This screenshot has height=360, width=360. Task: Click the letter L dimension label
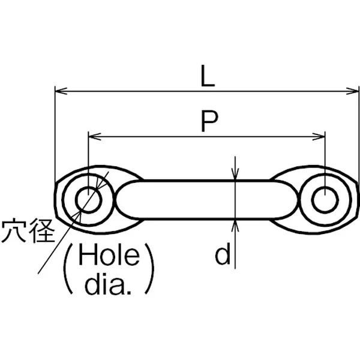208,76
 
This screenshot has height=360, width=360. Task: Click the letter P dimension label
209,121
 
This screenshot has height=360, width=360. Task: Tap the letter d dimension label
223,253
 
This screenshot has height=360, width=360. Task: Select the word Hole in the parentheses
109,254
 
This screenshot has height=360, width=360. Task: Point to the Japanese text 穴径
28,230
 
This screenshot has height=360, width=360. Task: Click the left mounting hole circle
89,200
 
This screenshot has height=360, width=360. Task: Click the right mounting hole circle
325,200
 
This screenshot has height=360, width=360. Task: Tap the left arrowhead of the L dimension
61,91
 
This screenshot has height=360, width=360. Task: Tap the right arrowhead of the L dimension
352,91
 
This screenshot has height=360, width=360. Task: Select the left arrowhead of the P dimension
95,137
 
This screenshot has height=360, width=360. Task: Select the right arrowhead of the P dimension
319,137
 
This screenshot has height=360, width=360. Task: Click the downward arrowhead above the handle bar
235,174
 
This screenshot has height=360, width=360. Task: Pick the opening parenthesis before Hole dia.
69,268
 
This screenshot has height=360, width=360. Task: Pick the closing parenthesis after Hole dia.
149,268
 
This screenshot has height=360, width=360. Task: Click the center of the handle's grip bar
206,200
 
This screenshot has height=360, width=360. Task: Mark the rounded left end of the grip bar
124,200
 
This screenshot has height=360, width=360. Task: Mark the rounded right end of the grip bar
289,200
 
